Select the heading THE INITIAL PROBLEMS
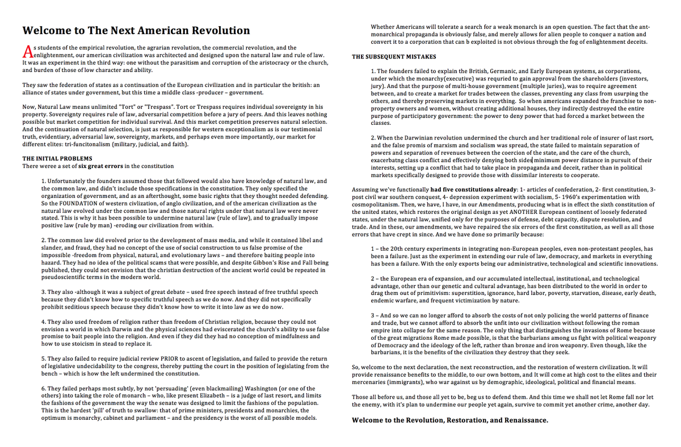click(x=57, y=158)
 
